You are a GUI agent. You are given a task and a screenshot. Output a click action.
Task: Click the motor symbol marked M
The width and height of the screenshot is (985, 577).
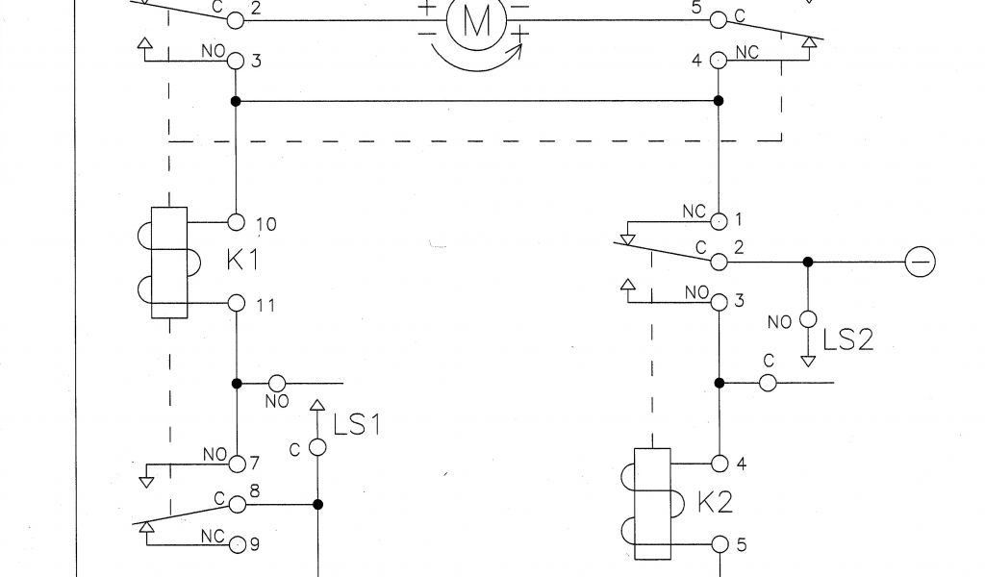click(x=475, y=20)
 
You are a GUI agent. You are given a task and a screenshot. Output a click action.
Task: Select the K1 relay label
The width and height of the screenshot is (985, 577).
click(x=244, y=261)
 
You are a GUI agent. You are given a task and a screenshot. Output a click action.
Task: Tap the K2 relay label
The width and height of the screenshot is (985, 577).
click(x=716, y=502)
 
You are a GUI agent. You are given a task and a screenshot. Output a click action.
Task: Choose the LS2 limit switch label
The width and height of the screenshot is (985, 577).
click(x=847, y=339)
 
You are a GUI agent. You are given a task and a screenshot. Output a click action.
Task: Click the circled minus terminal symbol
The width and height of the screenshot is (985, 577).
click(x=921, y=261)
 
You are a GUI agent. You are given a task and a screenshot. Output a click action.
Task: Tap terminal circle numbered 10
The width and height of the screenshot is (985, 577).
click(x=237, y=223)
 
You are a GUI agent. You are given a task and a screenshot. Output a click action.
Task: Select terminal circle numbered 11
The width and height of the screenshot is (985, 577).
click(x=237, y=304)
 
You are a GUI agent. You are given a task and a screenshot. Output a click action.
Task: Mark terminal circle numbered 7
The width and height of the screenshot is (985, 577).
click(x=237, y=464)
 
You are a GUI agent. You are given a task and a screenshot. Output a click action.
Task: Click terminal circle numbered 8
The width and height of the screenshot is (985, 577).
click(x=237, y=504)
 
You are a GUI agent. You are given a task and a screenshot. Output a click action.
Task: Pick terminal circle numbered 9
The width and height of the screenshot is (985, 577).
click(x=237, y=544)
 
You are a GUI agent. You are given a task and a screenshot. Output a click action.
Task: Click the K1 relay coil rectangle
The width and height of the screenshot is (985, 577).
click(x=169, y=263)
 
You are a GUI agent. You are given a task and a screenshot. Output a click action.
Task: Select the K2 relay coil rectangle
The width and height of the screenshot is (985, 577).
click(x=652, y=504)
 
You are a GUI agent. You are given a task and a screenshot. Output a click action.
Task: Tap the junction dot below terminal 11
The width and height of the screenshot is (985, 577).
click(x=237, y=383)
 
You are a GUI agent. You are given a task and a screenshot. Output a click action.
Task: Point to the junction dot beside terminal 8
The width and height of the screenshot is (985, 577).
click(x=317, y=504)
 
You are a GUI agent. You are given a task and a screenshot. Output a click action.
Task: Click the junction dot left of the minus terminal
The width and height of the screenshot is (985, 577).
click(x=808, y=262)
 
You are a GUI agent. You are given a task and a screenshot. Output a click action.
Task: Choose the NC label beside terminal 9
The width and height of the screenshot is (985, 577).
click(x=214, y=536)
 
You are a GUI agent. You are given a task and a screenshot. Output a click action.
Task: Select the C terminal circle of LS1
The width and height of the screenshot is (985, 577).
click(x=317, y=448)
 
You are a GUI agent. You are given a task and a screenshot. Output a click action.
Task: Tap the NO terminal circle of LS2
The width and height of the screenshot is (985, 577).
click(x=808, y=319)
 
